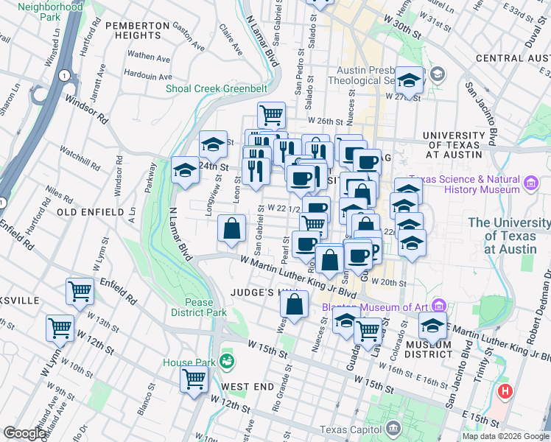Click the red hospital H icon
(x=506, y=391)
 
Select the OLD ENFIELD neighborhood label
(x=90, y=212)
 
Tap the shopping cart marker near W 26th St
(x=271, y=115)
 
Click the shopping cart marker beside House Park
(x=194, y=380)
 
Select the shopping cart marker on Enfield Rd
(x=80, y=291)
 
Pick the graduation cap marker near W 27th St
(x=410, y=79)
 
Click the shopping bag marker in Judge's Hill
(x=294, y=304)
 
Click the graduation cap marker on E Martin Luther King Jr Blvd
(x=432, y=326)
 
